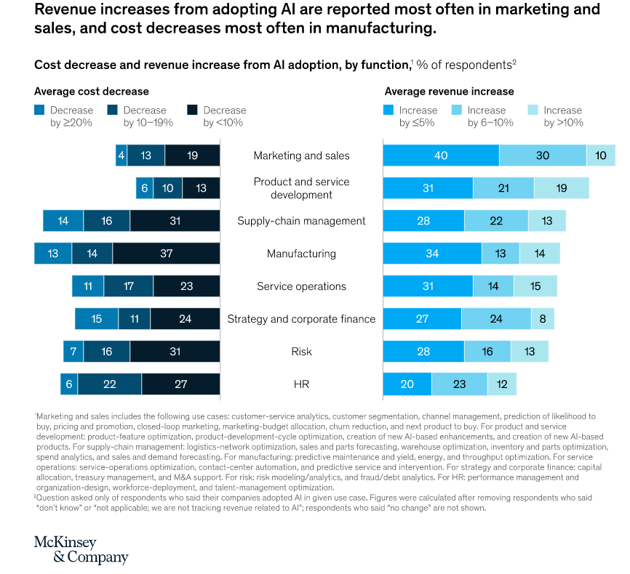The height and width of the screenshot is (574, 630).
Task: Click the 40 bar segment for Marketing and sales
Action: (x=441, y=155)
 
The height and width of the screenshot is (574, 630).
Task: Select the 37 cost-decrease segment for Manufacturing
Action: (x=166, y=254)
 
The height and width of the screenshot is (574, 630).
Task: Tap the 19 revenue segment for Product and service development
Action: (x=561, y=188)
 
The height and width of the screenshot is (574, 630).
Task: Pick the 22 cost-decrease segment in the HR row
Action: (x=109, y=384)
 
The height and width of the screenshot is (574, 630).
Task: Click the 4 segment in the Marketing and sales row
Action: (x=121, y=155)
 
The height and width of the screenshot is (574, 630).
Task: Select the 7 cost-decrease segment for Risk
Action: (x=73, y=352)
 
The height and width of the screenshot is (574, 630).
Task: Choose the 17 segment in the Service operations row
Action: (x=128, y=286)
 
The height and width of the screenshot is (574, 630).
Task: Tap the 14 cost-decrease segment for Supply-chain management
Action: (x=63, y=221)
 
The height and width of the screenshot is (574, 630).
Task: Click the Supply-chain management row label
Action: (x=301, y=221)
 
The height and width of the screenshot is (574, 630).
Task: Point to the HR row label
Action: (x=301, y=384)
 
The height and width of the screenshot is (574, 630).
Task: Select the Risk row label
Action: (x=301, y=352)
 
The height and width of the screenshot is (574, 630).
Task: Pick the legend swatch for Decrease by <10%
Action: (x=192, y=110)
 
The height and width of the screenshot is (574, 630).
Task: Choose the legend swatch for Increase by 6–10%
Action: (x=456, y=110)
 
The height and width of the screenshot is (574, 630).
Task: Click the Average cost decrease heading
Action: (x=92, y=92)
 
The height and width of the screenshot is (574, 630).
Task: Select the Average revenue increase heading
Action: (x=449, y=92)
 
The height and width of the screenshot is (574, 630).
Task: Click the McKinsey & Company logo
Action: (x=81, y=550)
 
